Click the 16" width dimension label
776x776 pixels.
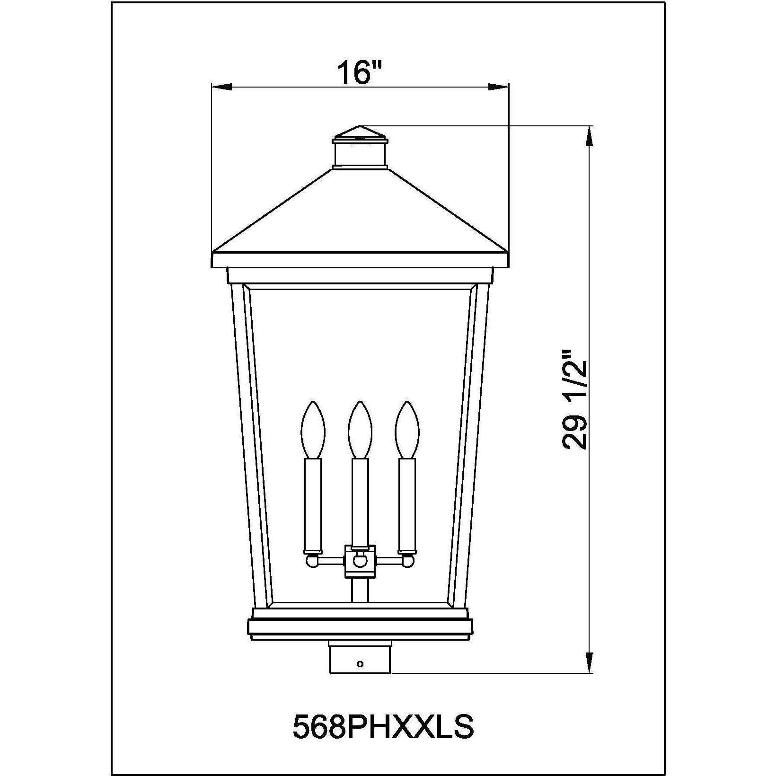(359, 72)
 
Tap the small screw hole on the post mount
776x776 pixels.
(360, 664)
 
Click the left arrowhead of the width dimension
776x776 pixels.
(222, 87)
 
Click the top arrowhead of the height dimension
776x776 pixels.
(589, 137)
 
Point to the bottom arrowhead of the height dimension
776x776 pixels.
(589, 661)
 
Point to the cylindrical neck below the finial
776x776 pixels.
(360, 154)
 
